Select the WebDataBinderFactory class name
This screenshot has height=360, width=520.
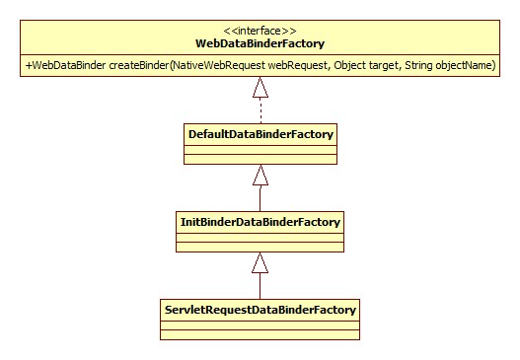coord(260,43)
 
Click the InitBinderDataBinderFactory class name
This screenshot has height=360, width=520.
coord(260,222)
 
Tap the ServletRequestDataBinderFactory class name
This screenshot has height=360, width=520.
coord(260,310)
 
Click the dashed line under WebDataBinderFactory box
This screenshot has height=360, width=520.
coord(260,109)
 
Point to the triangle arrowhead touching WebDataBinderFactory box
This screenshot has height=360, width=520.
coord(260,88)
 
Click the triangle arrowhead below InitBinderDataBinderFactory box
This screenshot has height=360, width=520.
coord(260,262)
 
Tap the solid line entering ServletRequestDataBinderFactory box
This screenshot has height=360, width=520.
coord(260,286)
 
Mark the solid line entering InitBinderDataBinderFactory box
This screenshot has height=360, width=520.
coord(260,198)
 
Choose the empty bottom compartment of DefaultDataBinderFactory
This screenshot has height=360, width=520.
coord(260,158)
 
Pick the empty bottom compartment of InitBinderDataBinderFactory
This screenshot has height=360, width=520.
coord(260,247)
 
